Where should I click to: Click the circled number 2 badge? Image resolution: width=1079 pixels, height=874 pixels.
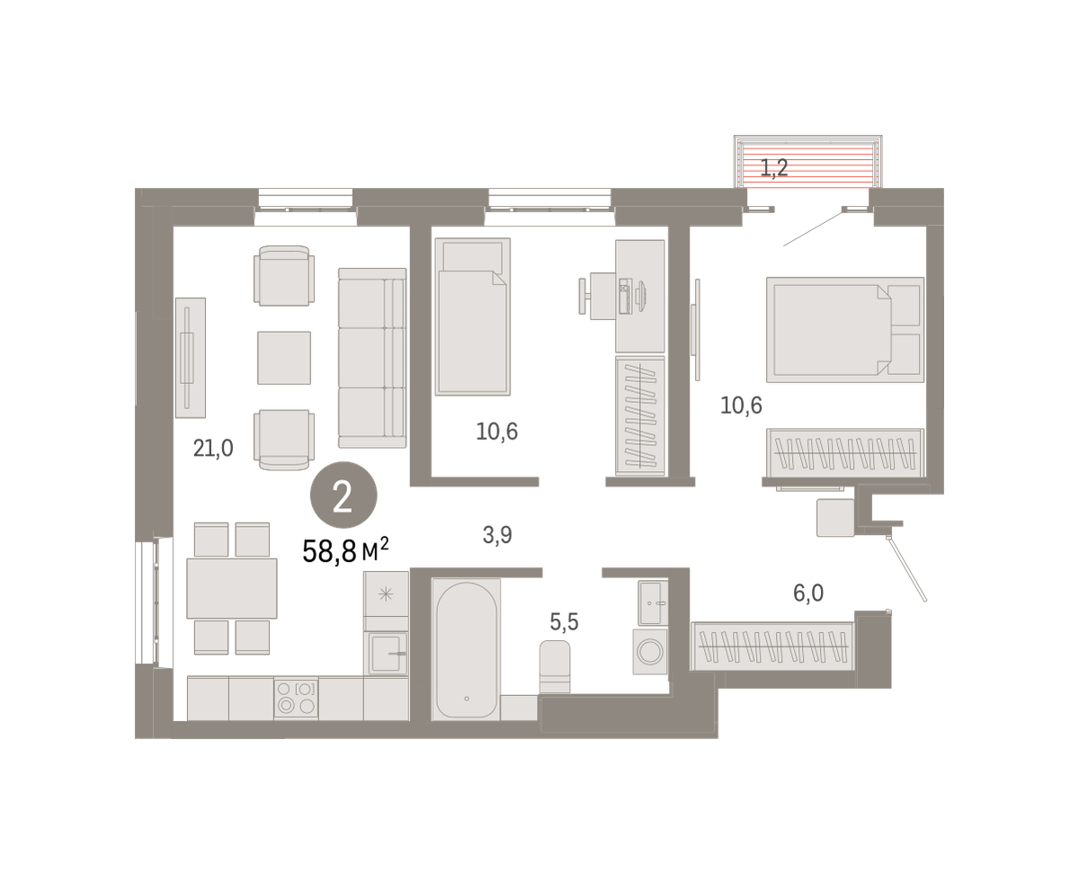[x=343, y=495]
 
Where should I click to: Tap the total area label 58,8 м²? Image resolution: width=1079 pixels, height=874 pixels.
[x=345, y=550]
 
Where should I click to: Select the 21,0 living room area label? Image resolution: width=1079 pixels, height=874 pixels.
[x=213, y=448]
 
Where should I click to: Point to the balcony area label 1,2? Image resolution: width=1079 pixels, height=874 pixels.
[x=774, y=168]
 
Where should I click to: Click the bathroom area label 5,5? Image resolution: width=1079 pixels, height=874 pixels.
[x=564, y=621]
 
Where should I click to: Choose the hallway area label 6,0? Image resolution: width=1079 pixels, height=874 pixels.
[x=808, y=593]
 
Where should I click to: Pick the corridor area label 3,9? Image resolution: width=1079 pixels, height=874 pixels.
[x=497, y=534]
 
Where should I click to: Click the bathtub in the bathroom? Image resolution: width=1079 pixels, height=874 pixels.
[x=466, y=649]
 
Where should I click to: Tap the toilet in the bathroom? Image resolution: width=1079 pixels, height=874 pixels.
[x=555, y=666]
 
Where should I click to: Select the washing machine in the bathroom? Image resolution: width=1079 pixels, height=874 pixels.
[x=650, y=652]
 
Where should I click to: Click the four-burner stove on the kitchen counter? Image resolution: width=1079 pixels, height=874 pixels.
[x=297, y=698]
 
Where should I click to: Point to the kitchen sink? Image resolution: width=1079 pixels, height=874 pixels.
[x=388, y=653]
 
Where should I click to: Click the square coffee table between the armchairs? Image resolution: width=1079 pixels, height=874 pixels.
[x=284, y=358]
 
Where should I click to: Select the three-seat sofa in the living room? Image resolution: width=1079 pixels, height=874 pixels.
[x=372, y=358]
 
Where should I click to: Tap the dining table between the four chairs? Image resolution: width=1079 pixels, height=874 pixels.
[x=232, y=588]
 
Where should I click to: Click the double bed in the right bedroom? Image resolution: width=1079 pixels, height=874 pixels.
[x=845, y=329]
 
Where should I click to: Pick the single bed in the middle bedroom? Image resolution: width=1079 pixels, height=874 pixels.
[x=473, y=317]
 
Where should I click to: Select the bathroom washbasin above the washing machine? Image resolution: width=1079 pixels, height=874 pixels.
[x=653, y=603]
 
